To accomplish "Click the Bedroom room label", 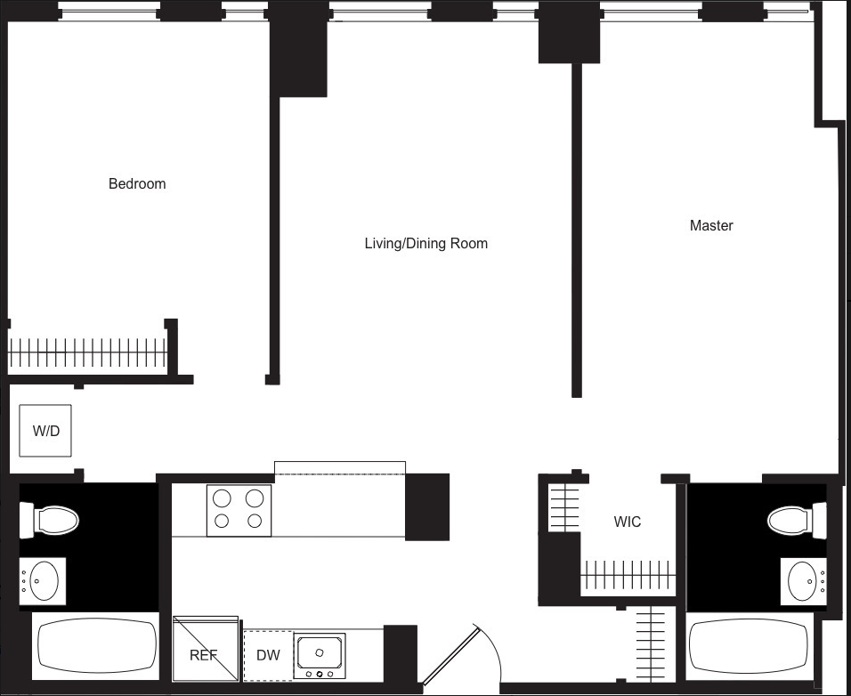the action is pos(137,184).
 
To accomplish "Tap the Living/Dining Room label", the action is pos(425,243).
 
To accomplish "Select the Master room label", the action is pos(711,226).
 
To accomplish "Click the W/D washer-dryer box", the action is pos(45,432).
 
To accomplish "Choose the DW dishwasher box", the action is pos(268,656).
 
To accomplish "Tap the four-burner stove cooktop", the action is pos(239,510).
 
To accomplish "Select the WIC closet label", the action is pos(627,522).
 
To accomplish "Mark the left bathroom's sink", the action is pos(42,582).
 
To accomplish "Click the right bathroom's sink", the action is pos(804,581).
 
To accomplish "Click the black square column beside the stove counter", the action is pos(427,506).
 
